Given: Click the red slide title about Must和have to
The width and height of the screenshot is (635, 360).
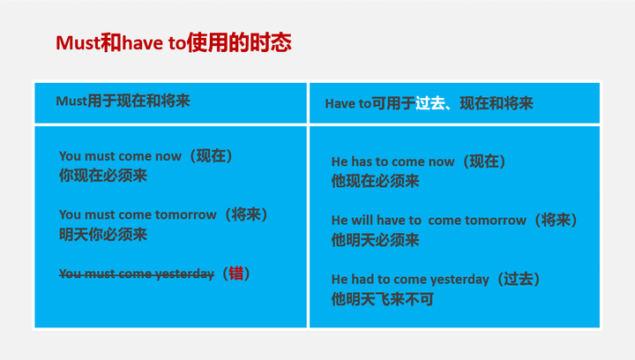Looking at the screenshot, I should pyautogui.click(x=173, y=43).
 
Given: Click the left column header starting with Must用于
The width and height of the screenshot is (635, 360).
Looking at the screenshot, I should pyautogui.click(x=123, y=101).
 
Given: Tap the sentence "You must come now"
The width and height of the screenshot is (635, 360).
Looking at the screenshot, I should pyautogui.click(x=120, y=156).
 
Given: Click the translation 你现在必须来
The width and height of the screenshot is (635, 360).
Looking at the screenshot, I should pyautogui.click(x=103, y=176).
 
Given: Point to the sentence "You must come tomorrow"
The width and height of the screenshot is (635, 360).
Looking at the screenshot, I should pyautogui.click(x=138, y=214).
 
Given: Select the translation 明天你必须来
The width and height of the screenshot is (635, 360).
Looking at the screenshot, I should pyautogui.click(x=103, y=234).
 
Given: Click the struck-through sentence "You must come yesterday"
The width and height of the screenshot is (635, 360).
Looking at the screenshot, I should pyautogui.click(x=137, y=274).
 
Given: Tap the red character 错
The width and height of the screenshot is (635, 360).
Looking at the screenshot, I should pyautogui.click(x=235, y=274).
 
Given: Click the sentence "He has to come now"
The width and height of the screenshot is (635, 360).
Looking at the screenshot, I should pyautogui.click(x=393, y=161).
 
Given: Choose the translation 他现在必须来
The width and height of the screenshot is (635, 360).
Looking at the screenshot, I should pyautogui.click(x=376, y=181).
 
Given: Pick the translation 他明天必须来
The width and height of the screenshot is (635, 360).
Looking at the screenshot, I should pyautogui.click(x=376, y=240).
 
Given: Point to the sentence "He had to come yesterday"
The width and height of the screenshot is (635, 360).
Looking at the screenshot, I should pyautogui.click(x=410, y=279).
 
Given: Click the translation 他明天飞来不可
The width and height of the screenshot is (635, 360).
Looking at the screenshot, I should pyautogui.click(x=383, y=299).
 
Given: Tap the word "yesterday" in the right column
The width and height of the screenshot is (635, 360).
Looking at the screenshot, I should pyautogui.click(x=458, y=279).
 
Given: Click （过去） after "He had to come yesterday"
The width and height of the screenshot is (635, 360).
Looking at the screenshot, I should pyautogui.click(x=519, y=279).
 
